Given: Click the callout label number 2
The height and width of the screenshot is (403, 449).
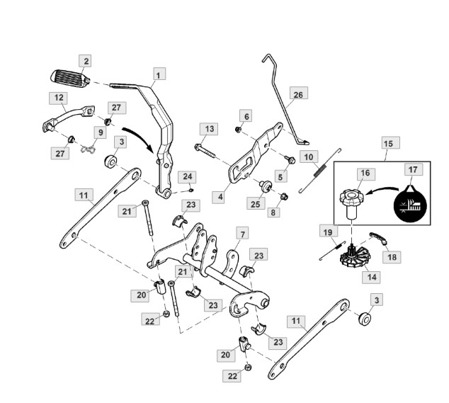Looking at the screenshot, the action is point(85,62).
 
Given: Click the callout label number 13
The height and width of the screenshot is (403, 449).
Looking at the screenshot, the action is point(209,129).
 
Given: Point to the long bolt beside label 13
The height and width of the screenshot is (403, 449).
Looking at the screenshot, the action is point(205,152).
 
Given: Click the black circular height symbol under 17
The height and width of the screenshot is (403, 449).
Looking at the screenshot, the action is point(411,205).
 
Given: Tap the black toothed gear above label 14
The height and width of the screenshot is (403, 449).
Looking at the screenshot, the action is point(355,256).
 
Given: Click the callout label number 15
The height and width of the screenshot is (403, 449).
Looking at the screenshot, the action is point(391,143).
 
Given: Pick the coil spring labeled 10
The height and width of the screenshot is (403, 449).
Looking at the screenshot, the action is point(319,171).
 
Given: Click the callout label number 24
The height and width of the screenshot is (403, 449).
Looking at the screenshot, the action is point(187,177).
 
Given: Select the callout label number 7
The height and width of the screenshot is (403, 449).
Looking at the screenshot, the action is point(242,234).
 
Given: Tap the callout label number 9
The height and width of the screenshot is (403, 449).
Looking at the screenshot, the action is point(101,132).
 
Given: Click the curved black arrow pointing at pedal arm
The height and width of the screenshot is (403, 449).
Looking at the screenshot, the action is point(140,138).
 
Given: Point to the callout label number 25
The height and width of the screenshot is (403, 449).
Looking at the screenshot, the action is point(256,203).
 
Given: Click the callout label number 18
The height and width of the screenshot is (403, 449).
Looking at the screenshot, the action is point(392,256).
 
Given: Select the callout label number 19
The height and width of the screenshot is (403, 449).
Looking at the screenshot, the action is point(329,232).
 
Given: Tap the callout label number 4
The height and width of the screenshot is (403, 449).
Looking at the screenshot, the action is point(220,197).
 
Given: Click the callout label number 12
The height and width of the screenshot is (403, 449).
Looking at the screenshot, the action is point(58,98).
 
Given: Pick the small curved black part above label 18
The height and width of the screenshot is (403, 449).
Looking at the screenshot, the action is point(379,238).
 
